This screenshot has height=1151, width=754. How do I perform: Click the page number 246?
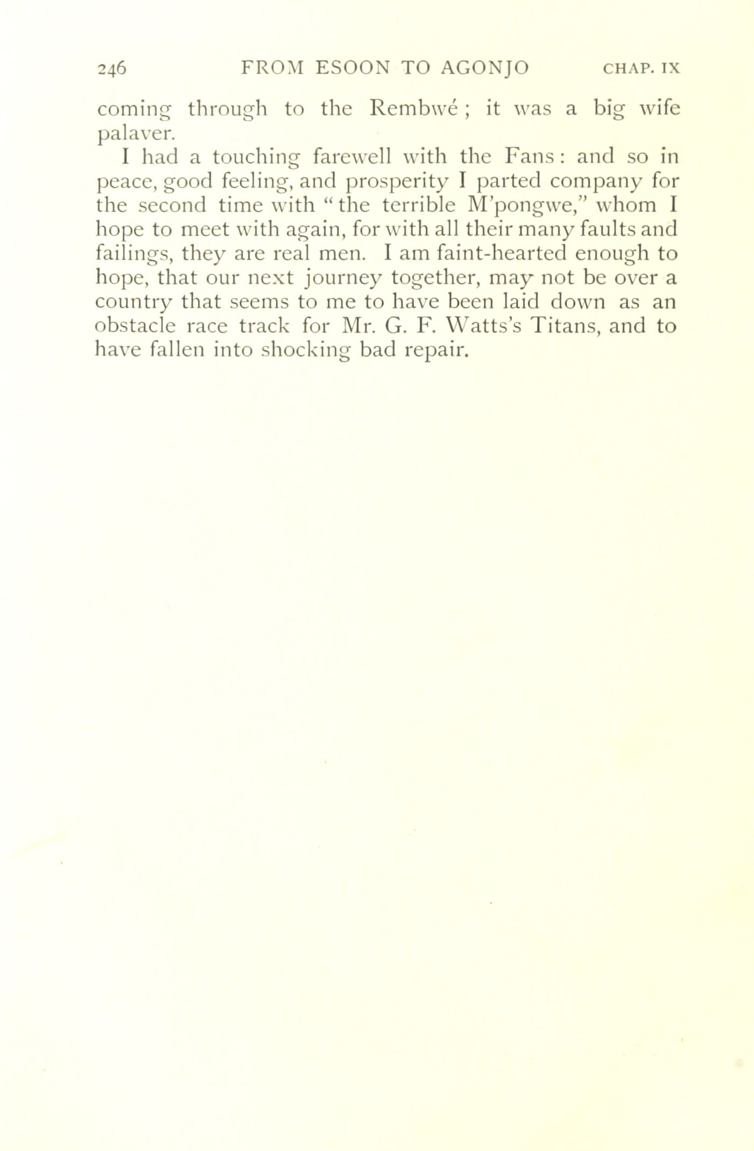pyautogui.click(x=111, y=68)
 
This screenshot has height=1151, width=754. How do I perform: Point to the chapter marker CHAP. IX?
pyautogui.click(x=642, y=69)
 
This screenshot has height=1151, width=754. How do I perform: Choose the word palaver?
pyautogui.click(x=135, y=133)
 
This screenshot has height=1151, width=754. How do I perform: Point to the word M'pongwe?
pyautogui.click(x=517, y=206)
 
